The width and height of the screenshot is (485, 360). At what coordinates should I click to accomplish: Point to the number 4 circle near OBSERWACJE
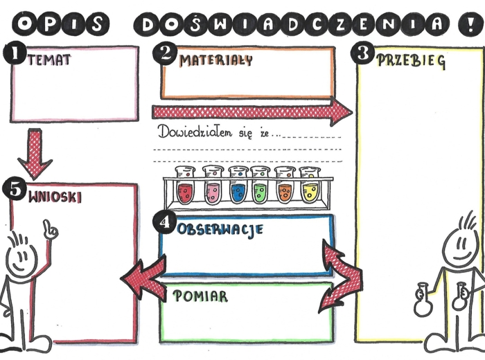[x=164, y=223]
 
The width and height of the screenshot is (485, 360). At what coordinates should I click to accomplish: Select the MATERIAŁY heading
[x=215, y=60]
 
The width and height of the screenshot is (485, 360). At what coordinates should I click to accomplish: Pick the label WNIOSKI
[x=55, y=197]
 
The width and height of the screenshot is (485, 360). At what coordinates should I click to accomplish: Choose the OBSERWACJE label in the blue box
[x=220, y=229]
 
